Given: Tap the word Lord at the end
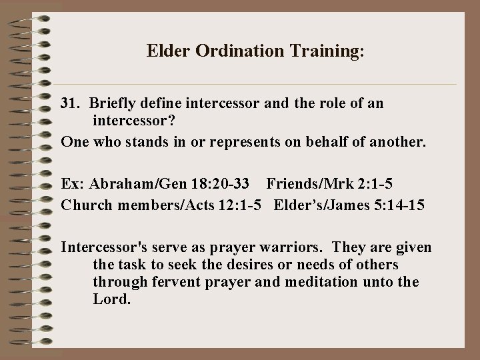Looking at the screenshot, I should click(x=110, y=299).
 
